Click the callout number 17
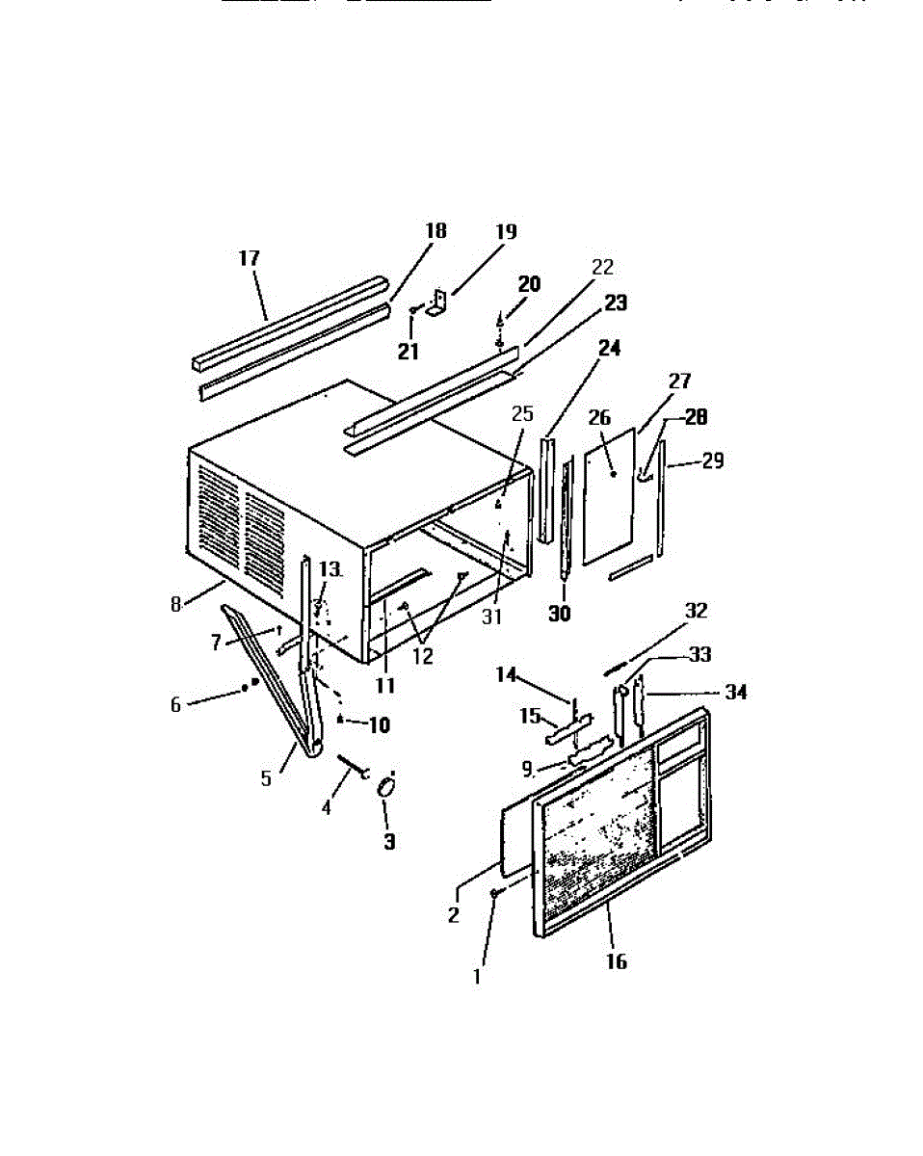(x=250, y=258)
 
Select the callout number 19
(x=506, y=232)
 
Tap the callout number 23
(x=615, y=303)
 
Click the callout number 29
(x=712, y=461)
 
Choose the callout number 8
(x=175, y=605)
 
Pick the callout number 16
(x=616, y=961)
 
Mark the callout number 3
(x=389, y=841)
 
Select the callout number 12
(x=422, y=657)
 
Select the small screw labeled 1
(x=493, y=894)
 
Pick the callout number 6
(x=175, y=705)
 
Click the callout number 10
(x=379, y=725)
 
